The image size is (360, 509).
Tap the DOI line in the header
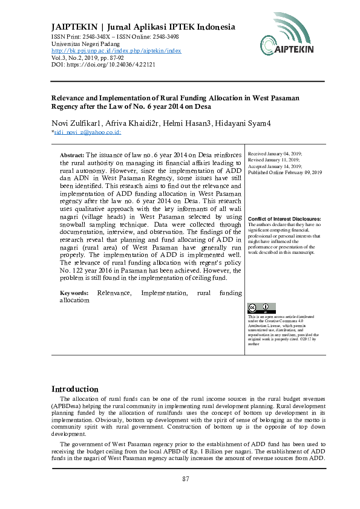[x=94, y=64]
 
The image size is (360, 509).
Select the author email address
[x=87, y=132]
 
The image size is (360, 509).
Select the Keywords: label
[x=74, y=293]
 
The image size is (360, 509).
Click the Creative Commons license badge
[x=261, y=307]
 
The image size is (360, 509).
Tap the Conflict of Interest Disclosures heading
[x=284, y=218]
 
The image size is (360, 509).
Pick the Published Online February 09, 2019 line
[x=285, y=173]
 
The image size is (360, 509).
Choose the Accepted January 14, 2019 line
[x=275, y=167]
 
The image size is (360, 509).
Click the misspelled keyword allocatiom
[x=76, y=300]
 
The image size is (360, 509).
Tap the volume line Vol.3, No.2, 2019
[x=79, y=57]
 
